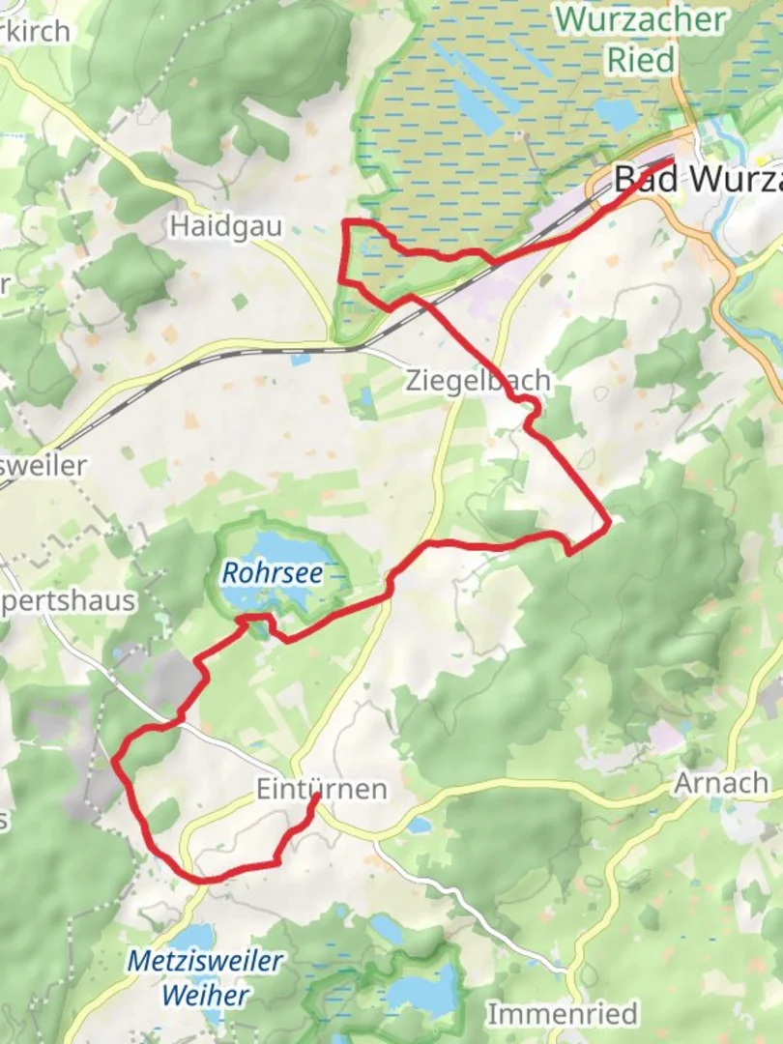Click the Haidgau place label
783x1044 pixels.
pos(225,227)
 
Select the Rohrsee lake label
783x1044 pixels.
pos(272,573)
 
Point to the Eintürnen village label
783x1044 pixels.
pos(321,789)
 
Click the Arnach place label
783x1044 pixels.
pos(722,782)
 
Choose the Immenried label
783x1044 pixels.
pos(562,1014)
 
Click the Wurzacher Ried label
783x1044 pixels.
pos(641,39)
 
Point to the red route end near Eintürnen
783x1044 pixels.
pos(315,797)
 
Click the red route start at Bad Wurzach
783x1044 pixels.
pos(669,160)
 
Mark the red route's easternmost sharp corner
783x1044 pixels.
pos(608,525)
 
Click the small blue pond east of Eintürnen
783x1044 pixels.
pos(420,826)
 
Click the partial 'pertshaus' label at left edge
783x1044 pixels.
pos(68,600)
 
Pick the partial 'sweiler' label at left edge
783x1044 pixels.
pos(43,465)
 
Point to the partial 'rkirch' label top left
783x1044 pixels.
pos(36,31)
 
